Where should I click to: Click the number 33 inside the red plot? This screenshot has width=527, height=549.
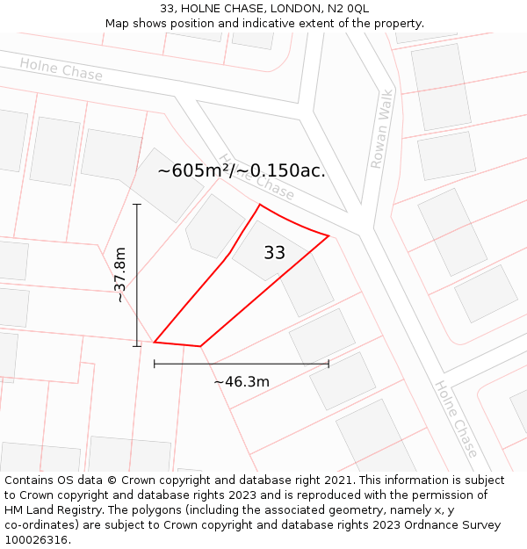point(274,253)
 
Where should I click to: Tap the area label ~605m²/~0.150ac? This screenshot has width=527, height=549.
point(242,170)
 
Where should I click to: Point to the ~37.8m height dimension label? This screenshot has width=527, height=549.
point(120,275)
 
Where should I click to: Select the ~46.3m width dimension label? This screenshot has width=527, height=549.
point(242,381)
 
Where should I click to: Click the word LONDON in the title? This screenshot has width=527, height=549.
point(297,8)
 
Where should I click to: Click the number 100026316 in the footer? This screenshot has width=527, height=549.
point(36,540)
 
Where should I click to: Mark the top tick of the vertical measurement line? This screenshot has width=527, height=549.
point(137,205)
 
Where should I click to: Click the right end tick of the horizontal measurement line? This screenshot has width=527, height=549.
point(328,363)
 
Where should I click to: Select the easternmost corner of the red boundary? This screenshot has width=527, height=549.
point(328,235)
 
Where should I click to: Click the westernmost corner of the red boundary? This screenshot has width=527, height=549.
point(155,342)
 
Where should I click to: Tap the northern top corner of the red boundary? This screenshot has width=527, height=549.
point(260,205)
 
